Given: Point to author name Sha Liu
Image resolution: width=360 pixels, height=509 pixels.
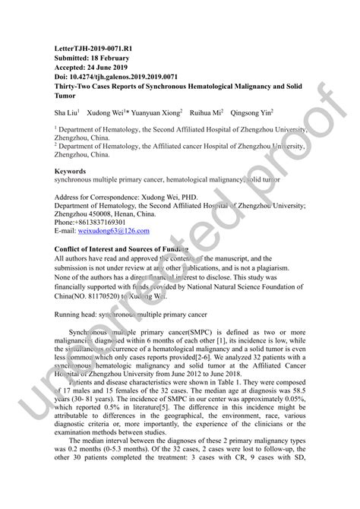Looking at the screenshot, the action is click(x=66, y=112).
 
